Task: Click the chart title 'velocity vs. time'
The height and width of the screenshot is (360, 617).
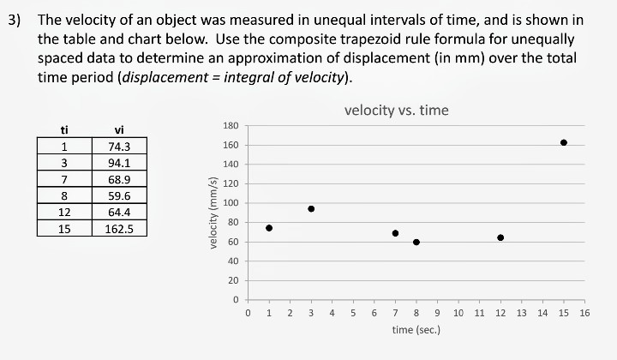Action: click(x=396, y=111)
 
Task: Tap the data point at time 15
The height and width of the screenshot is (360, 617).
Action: click(x=564, y=142)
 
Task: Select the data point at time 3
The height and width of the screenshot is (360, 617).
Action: click(x=311, y=208)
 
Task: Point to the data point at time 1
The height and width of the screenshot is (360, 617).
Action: click(x=269, y=228)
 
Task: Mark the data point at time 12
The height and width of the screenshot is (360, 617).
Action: click(x=500, y=237)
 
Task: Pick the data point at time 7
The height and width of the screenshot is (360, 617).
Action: click(x=395, y=233)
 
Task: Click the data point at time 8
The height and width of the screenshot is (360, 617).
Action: click(x=416, y=242)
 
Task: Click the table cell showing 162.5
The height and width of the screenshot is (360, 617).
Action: click(x=119, y=229)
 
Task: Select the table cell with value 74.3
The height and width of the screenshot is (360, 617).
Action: click(x=119, y=147)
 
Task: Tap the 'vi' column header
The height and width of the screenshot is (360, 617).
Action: click(x=119, y=130)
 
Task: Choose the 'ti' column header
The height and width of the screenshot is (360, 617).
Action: click(x=64, y=130)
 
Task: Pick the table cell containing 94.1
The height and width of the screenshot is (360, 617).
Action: click(x=119, y=163)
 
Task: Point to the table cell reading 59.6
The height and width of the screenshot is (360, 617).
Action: click(x=119, y=195)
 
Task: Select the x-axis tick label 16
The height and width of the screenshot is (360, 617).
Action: click(x=584, y=314)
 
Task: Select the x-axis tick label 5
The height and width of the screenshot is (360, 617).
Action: click(x=353, y=314)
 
